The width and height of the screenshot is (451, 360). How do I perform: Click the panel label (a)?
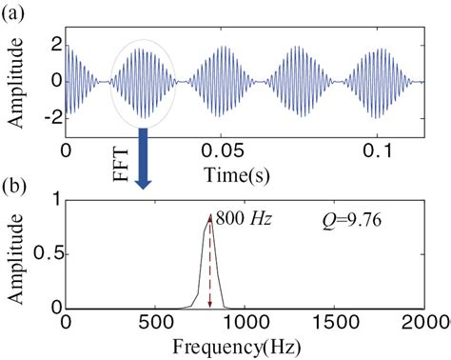tap(13, 11)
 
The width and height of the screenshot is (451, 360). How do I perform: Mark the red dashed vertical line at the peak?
tap(209, 267)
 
